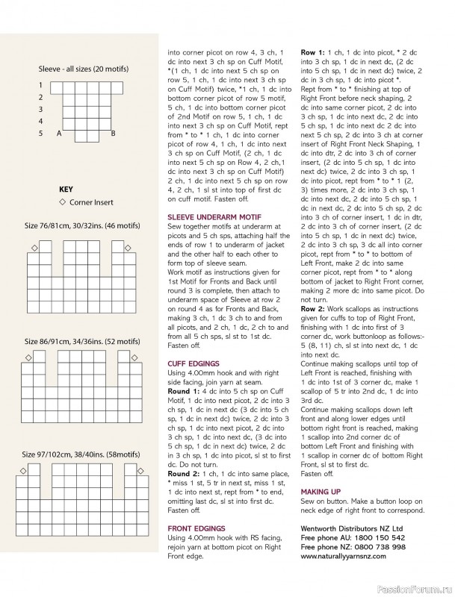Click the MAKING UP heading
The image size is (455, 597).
point(321,493)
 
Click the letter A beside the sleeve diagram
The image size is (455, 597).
point(58,134)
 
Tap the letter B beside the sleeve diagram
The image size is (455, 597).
point(113,134)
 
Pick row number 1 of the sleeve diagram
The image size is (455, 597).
point(40,86)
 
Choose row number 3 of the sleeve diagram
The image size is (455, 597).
point(40,110)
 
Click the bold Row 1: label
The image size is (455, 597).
point(313,52)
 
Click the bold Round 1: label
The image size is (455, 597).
point(184,390)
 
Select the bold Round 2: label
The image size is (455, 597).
point(184,473)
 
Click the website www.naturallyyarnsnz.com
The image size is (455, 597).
point(348,557)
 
